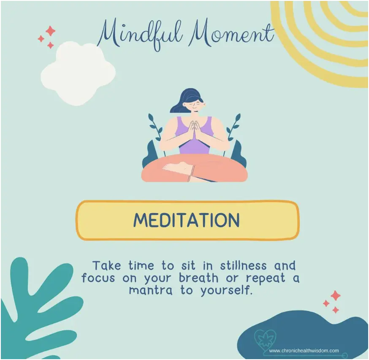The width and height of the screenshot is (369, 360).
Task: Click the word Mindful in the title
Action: tap(140, 35)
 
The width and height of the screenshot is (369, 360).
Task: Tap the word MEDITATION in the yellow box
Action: tap(187, 220)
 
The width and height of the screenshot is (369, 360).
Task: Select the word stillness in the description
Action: tap(244, 265)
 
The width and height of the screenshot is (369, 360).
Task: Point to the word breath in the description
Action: tap(198, 278)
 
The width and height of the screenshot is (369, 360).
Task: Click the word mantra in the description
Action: tap(151, 290)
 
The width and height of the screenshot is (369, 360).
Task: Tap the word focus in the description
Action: tap(98, 278)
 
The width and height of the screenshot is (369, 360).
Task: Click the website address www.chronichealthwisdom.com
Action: tap(304, 351)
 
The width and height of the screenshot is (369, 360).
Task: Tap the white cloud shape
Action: tap(78, 73)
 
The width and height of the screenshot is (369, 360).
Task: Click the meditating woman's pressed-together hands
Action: tap(194, 131)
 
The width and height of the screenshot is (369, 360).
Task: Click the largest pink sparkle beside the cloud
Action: tap(50, 31)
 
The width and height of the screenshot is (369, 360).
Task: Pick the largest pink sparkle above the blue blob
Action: tap(336, 295)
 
